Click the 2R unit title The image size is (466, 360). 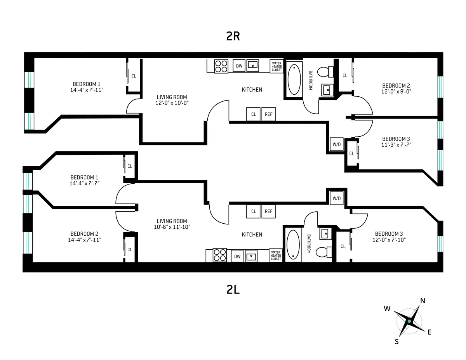[x=233, y=36]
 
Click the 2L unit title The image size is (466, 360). [x=233, y=289]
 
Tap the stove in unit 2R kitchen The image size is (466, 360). [x=221, y=66]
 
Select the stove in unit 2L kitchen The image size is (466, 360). [x=220, y=255]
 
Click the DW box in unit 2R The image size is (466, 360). [x=239, y=66]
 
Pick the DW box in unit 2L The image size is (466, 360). [x=237, y=256]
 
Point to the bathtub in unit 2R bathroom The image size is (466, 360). [x=294, y=79]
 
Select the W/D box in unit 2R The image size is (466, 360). [x=336, y=144]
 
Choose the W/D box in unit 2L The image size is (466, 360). [x=336, y=198]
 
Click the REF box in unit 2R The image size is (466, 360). [x=268, y=114]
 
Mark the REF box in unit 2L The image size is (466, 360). [x=268, y=211]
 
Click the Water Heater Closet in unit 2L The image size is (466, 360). [x=276, y=256]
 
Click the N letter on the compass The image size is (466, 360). [x=423, y=301]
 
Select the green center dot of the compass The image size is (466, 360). [x=409, y=321]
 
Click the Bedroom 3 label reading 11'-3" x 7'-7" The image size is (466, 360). [x=396, y=144]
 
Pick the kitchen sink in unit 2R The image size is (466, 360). [x=253, y=66]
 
